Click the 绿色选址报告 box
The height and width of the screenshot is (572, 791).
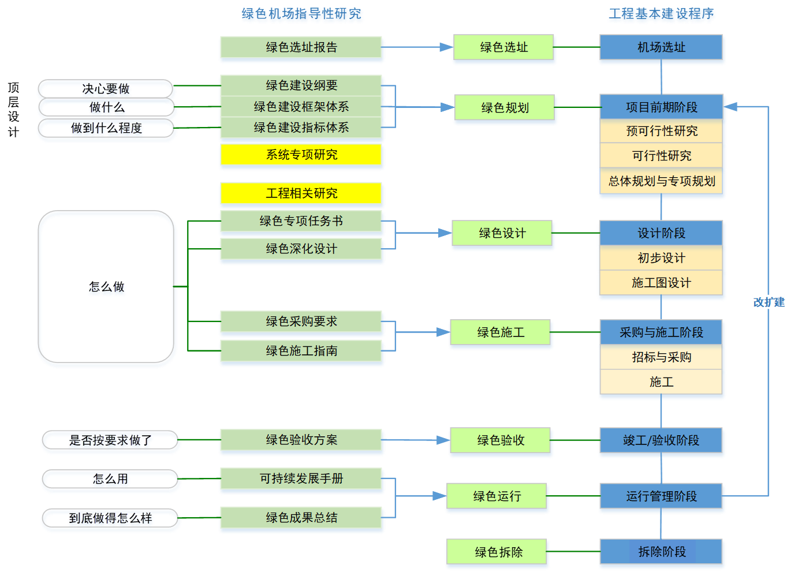pos(301,48)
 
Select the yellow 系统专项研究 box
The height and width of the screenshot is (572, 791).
pos(301,155)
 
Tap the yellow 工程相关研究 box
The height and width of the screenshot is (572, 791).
pos(301,193)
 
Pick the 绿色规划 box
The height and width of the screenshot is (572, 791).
pos(505,108)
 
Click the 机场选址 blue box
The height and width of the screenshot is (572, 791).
pos(662,47)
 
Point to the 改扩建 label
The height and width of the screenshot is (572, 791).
pos(768,302)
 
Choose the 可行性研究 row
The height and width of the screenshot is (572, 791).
pos(662,156)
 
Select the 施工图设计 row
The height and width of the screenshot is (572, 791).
pos(662,283)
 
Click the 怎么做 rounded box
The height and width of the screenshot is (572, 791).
pos(107,289)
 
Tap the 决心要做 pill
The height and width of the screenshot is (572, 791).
pos(106,89)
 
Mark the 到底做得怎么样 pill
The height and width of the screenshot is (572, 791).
pos(110,519)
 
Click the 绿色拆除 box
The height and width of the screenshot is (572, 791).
pos(498,552)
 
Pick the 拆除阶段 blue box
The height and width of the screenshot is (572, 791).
pos(662,552)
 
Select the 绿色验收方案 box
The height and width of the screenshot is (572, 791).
pos(301,440)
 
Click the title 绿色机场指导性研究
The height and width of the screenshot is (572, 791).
pos(301,14)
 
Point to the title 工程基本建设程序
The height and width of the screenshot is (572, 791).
pos(662,14)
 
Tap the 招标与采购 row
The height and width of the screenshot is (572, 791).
pos(662,357)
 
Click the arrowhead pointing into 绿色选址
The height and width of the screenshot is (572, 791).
pos(446,47)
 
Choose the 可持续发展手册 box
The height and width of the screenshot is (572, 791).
pos(301,479)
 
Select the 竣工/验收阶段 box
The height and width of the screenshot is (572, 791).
pos(662,441)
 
